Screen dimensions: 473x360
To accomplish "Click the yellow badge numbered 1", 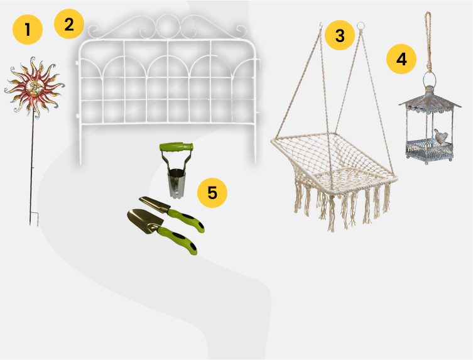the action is (x=28, y=30).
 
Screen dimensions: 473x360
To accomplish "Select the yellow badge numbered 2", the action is (x=69, y=24).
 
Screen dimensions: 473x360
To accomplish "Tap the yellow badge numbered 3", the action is (x=340, y=35).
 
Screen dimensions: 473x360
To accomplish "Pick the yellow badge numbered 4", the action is (x=401, y=59).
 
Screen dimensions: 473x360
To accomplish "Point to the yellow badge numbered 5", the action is (x=212, y=192).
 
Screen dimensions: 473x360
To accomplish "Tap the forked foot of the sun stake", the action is (x=34, y=219).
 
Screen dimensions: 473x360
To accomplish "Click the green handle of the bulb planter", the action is (x=177, y=146).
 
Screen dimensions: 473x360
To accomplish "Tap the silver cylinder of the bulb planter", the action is (x=176, y=183).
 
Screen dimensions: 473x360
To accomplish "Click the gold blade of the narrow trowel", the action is (x=154, y=204).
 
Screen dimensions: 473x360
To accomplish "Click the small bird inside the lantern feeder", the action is (x=441, y=136).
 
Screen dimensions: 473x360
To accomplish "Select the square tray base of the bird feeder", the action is (x=430, y=150).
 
